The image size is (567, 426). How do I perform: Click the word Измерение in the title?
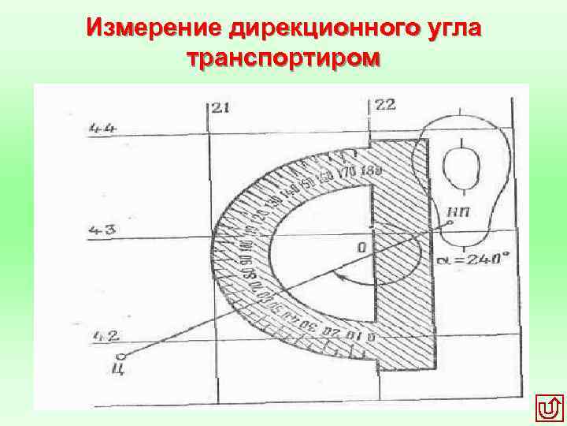(x=155, y=28)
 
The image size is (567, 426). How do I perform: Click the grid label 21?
(x=221, y=108)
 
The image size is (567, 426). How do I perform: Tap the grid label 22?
(x=385, y=105)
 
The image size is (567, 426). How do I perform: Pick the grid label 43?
(x=103, y=231)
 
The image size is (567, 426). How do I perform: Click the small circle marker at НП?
(x=449, y=224)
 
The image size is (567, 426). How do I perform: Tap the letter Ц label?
(x=119, y=365)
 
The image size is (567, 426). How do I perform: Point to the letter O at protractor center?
(x=361, y=248)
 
